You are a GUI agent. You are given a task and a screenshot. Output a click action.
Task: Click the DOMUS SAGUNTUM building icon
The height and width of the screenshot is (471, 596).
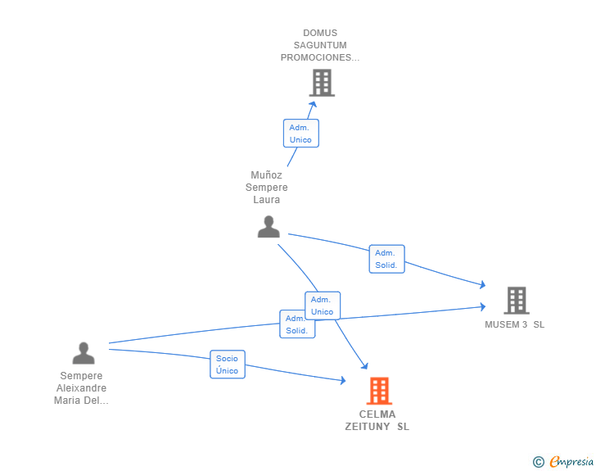point(322,83)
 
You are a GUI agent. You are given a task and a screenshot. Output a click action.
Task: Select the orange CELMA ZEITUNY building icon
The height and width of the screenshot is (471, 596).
point(379,391)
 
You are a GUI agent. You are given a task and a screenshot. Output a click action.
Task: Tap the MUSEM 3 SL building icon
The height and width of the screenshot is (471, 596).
point(516,301)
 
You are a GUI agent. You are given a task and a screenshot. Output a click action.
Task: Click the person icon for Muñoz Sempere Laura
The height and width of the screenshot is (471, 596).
point(269,227)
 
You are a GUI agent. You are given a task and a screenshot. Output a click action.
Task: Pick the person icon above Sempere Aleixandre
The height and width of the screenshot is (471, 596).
point(84,353)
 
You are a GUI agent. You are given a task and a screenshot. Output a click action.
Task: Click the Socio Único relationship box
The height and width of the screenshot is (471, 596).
point(228,365)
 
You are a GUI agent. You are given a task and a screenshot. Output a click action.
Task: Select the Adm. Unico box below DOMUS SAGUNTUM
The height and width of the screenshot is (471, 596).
point(300,134)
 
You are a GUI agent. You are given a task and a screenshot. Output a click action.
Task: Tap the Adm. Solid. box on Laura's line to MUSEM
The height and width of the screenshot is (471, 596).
point(386,259)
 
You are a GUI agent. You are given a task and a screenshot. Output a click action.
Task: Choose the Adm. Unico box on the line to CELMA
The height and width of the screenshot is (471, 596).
point(322,306)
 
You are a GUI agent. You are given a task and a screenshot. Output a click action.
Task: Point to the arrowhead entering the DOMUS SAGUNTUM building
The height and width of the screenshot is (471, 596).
point(313,102)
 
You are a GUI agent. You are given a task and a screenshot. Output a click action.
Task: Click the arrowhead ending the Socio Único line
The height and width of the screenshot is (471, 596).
point(343,380)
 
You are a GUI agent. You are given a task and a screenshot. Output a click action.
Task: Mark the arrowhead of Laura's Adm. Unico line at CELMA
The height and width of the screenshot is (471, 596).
point(363,368)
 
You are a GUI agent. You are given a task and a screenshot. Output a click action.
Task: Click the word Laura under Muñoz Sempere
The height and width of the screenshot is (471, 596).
point(267,200)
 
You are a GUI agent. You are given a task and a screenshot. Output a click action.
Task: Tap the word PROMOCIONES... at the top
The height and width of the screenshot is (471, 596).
point(320,57)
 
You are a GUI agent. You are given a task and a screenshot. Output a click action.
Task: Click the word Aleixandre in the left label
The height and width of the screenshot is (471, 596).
point(82,388)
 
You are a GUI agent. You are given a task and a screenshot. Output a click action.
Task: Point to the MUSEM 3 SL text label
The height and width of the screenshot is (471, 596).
point(514,324)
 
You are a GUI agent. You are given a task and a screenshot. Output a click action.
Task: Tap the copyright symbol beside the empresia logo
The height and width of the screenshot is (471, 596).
point(539,462)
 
